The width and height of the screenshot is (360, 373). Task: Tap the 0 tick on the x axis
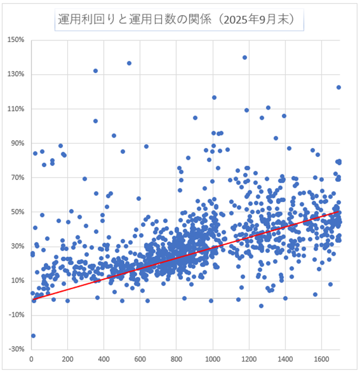point(32,359)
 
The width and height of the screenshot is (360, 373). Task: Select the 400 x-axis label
point(104,359)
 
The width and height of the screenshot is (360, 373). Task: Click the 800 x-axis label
point(176,359)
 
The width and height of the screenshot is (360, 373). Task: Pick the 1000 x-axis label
point(213,359)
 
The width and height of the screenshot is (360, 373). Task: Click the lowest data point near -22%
point(33,335)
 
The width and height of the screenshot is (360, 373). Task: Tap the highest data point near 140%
point(245,57)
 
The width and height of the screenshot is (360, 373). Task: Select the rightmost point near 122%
point(339,87)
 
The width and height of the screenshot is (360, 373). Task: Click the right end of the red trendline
point(339,211)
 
